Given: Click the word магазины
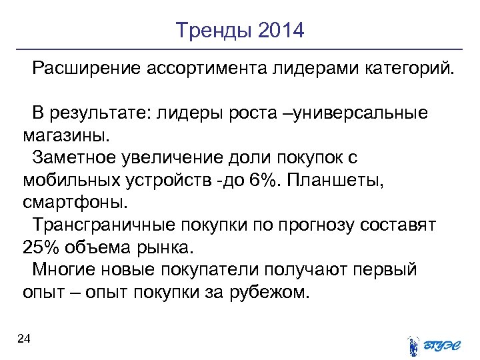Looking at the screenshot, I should pos(64,136).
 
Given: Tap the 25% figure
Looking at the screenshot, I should pos(41,248).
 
